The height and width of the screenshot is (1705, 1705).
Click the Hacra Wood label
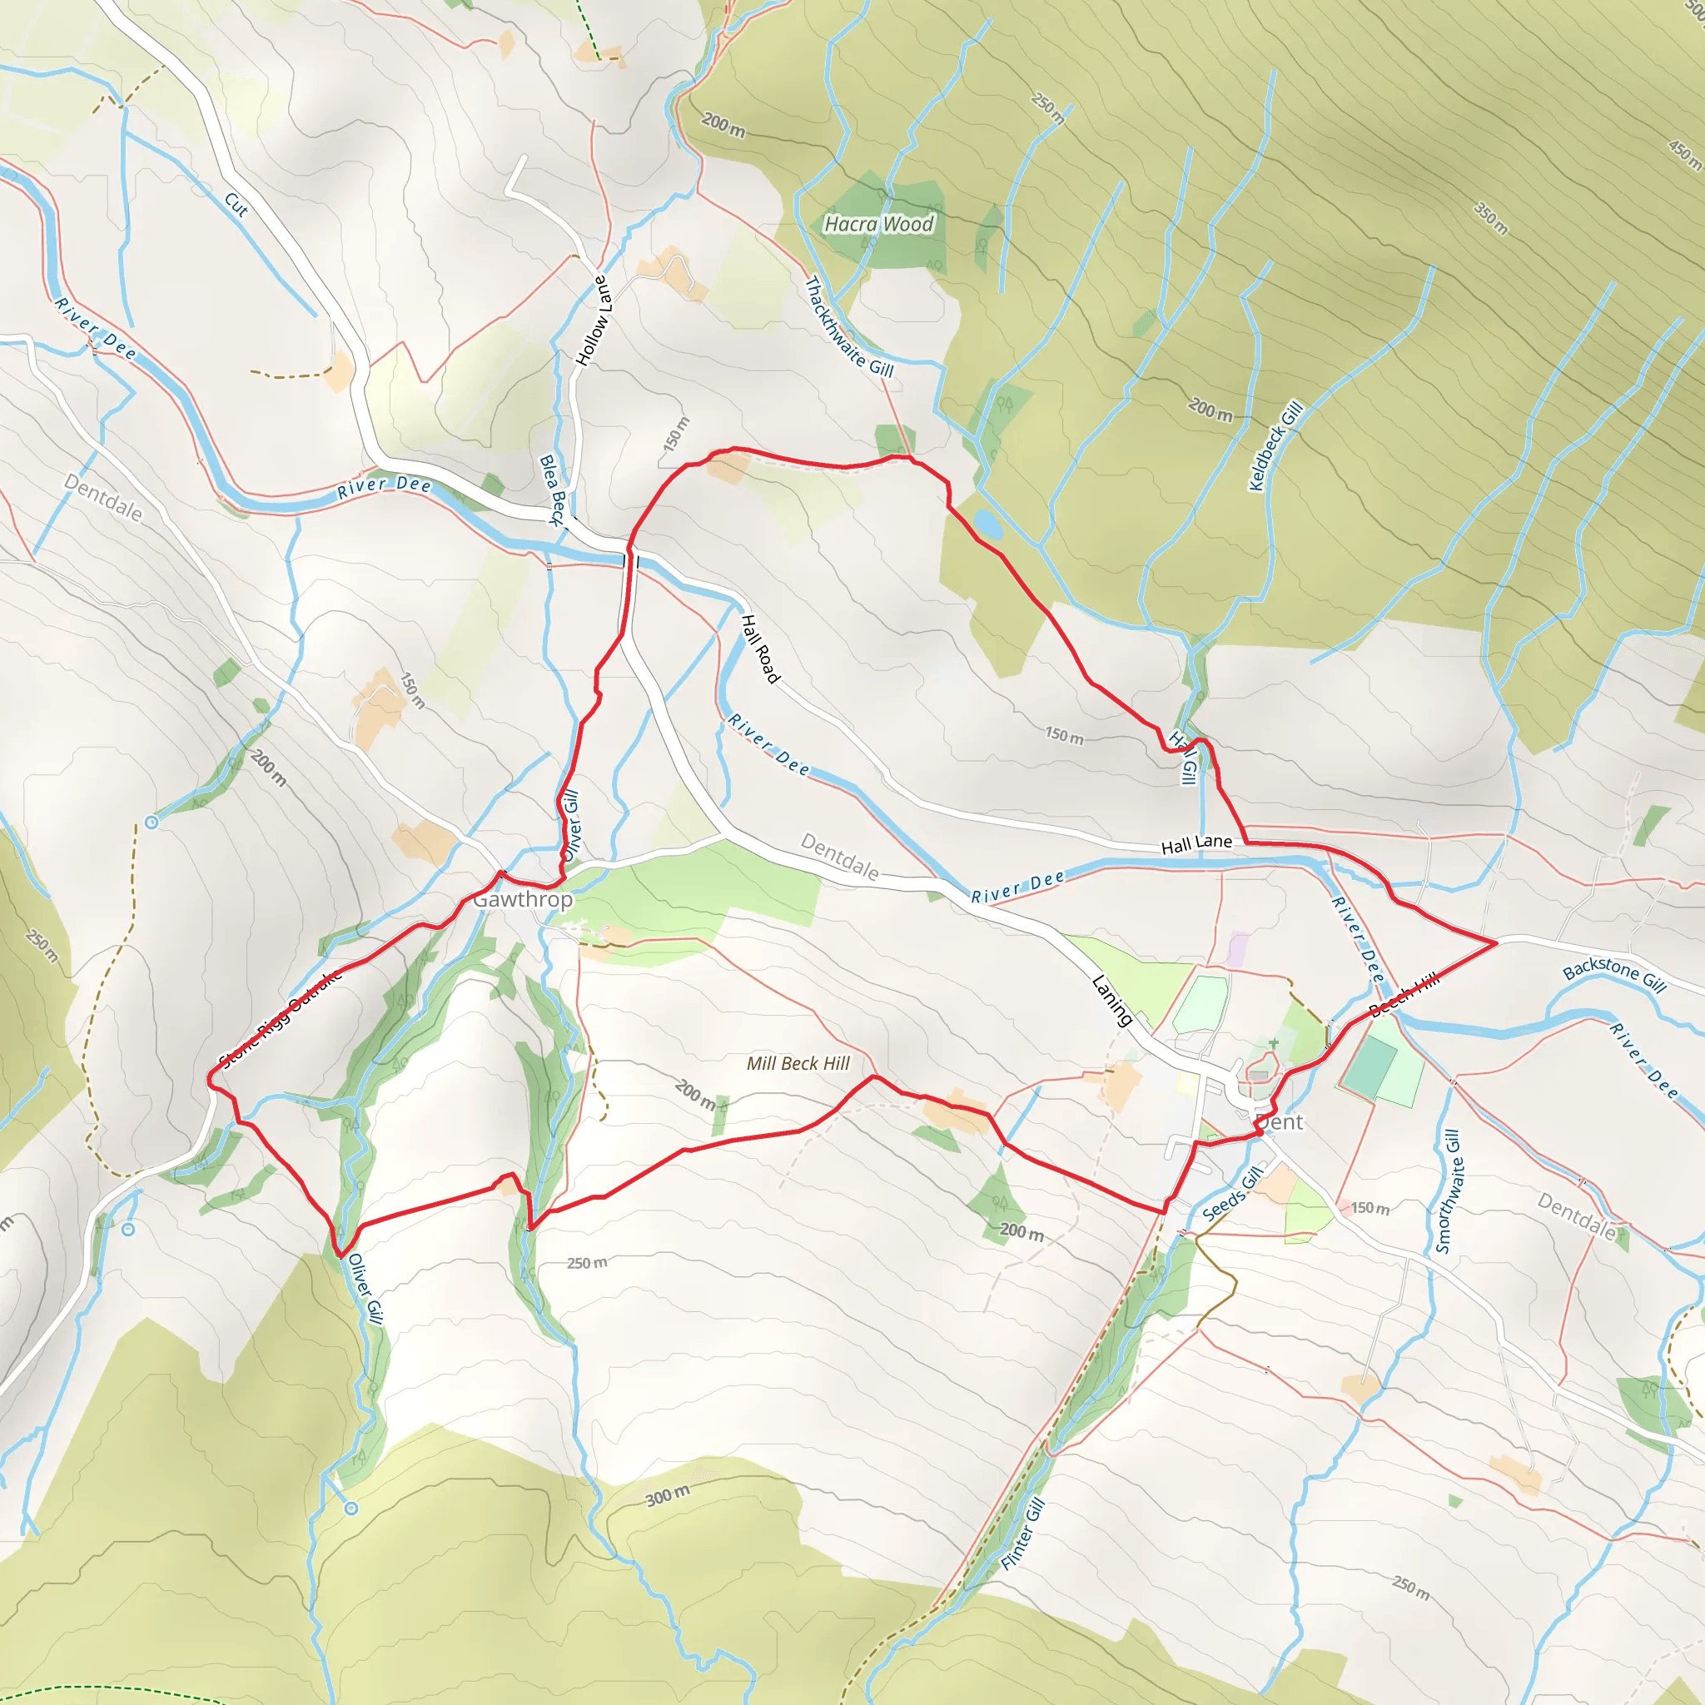(878, 224)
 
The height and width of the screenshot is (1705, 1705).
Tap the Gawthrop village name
(523, 899)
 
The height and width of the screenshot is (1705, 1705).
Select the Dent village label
(1279, 1121)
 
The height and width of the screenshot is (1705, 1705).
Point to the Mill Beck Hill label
(798, 1063)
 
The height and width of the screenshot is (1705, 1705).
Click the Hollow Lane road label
(592, 321)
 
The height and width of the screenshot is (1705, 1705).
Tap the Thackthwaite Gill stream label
(849, 327)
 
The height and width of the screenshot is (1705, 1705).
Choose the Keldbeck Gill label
(1275, 446)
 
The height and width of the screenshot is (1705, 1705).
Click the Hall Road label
(760, 649)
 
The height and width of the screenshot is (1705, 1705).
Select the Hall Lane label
(1195, 844)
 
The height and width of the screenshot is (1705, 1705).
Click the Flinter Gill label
(1023, 1534)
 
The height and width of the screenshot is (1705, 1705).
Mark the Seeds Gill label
(1232, 1193)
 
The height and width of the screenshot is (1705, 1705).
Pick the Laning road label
(1112, 1001)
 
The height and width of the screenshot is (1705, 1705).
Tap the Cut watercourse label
(236, 205)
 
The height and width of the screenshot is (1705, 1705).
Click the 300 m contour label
(667, 1495)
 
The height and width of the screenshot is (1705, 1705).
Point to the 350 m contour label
(1490, 218)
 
